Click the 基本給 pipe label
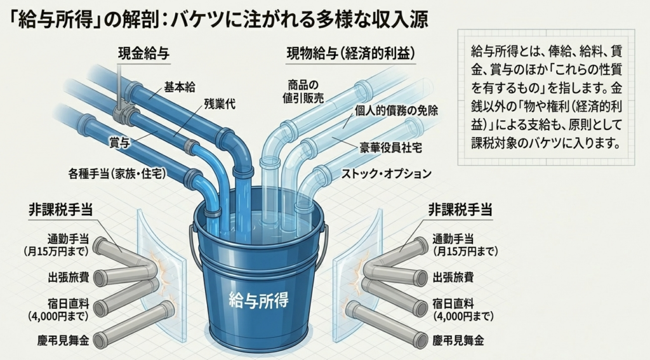180,86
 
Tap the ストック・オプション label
387,173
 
